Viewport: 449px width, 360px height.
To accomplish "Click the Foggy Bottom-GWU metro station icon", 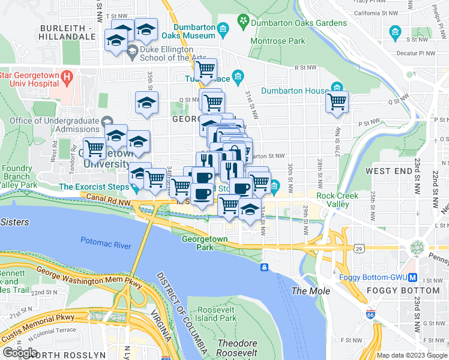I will pyautogui.click(x=412, y=277).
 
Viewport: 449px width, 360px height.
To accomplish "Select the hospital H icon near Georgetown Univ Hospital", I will pyautogui.click(x=67, y=77).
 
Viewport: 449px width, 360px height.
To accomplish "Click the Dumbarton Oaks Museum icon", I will pyautogui.click(x=223, y=29).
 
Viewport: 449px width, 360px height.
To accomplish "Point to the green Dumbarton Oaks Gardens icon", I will pyautogui.click(x=243, y=23).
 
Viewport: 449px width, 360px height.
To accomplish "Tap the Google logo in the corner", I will pyautogui.click(x=20, y=353).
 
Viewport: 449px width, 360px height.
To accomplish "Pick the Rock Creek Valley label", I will pyautogui.click(x=333, y=200).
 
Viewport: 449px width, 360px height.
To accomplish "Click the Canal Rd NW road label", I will pyautogui.click(x=108, y=197).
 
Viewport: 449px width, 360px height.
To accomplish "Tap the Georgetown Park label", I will pyautogui.click(x=205, y=243).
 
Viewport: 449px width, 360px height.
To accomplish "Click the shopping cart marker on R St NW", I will pyautogui.click(x=206, y=70).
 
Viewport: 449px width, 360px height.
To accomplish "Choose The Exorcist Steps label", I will pyautogui.click(x=93, y=187).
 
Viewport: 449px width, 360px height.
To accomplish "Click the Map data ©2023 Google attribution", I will pyautogui.click(x=412, y=355).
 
